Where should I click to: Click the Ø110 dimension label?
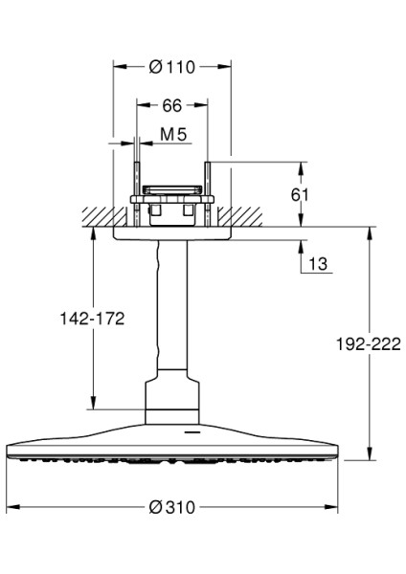(x=173, y=67)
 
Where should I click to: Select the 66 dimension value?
(x=171, y=104)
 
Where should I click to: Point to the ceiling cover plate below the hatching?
(x=172, y=232)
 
